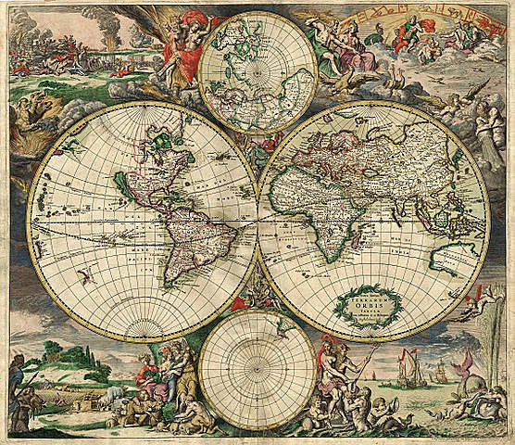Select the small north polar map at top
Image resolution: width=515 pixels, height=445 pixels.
(257, 72)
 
